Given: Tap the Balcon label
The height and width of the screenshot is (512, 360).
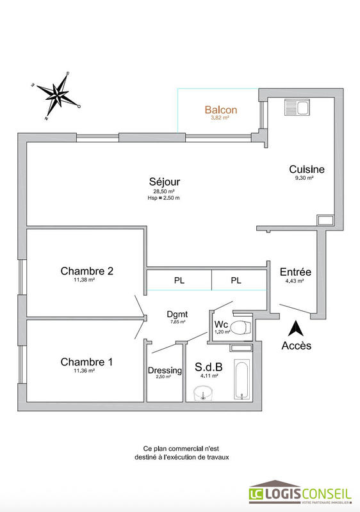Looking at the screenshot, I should [x=221, y=109].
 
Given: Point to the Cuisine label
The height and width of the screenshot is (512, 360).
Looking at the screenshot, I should [x=307, y=170].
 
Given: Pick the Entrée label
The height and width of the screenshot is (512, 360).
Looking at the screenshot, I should [x=295, y=271].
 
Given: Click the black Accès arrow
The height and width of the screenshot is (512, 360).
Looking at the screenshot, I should [x=296, y=328].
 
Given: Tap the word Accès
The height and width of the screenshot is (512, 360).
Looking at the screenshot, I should [x=297, y=346].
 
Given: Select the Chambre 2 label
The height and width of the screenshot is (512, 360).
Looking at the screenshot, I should [x=87, y=271].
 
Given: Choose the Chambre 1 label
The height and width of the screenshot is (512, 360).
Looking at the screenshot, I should [x=86, y=362].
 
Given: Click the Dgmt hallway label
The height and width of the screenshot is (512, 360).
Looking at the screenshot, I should [x=177, y=314].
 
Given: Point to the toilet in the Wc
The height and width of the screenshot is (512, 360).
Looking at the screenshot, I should [x=239, y=329].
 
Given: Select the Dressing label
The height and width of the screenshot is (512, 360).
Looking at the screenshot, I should [x=165, y=371].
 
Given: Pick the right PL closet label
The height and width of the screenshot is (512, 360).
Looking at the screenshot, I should [x=236, y=280].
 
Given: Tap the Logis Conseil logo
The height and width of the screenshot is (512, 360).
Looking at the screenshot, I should [x=300, y=493].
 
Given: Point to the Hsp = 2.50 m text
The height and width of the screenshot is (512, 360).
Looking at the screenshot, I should [x=163, y=198].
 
